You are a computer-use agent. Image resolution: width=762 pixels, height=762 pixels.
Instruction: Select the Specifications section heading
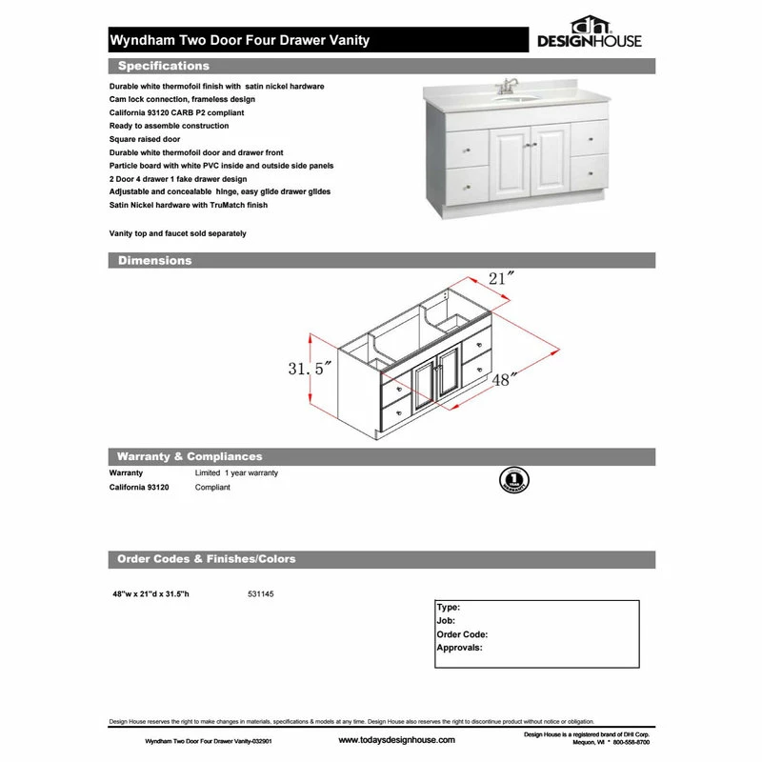163,67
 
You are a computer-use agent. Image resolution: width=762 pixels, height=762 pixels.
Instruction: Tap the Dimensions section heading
154,260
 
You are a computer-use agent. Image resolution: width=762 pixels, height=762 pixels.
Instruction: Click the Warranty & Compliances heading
189,457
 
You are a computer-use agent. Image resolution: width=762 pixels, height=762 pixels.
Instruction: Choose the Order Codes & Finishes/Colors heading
206,559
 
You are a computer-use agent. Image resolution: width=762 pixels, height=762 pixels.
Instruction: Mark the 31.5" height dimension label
309,369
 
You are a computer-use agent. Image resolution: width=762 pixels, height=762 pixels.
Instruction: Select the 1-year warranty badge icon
512,479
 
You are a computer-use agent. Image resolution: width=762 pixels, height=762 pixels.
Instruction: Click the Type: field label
449,607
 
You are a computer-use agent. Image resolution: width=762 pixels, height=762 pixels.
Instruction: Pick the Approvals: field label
459,648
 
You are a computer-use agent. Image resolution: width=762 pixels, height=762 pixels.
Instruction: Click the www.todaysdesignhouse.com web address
396,740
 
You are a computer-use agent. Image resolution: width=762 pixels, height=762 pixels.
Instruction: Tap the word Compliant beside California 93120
212,487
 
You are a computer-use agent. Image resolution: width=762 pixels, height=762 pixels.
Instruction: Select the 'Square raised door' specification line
145,139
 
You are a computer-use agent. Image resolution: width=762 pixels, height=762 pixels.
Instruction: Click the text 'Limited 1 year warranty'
236,472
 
